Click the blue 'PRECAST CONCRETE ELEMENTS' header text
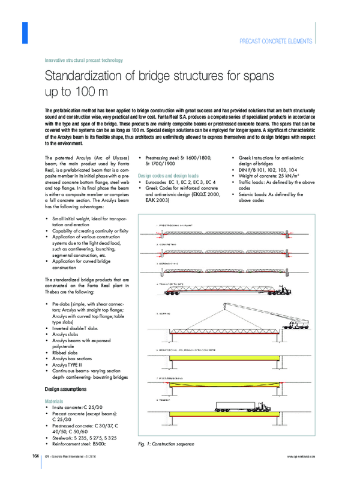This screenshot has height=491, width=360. tap(275, 41)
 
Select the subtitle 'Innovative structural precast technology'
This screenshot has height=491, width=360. tap(84, 60)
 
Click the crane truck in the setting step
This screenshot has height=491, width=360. tap(300, 325)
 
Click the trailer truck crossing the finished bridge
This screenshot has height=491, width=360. tap(240, 406)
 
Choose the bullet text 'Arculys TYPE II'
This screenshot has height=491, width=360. tap(67, 364)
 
